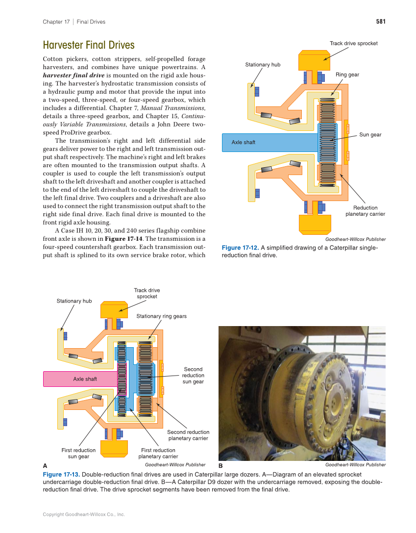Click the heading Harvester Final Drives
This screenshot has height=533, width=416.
point(88,46)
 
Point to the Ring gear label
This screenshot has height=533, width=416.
point(347,75)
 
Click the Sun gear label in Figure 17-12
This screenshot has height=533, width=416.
point(370,134)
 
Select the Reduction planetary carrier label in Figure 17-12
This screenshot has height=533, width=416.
point(365,211)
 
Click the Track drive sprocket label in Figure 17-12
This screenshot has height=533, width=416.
point(353,43)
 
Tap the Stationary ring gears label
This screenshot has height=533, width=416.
point(161,316)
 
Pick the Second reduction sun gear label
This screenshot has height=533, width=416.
point(193,375)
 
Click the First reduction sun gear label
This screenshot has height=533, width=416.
point(78,453)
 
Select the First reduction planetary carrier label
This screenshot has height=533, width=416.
point(158,453)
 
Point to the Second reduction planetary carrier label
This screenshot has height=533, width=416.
point(188,435)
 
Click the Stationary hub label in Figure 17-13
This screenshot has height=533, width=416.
point(74,301)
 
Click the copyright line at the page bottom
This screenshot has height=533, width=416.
point(84,514)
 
